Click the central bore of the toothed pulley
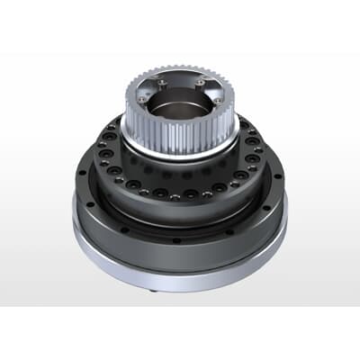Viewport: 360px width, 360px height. pos(180,106)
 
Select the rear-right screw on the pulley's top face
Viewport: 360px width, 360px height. pos(199,80)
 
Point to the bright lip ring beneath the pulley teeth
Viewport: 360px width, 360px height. pos(180,150)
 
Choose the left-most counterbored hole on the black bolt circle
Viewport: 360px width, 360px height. pos(102,148)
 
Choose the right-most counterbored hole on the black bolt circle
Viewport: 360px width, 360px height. pos(258,148)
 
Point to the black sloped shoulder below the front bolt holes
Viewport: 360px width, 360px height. pos(180,212)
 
